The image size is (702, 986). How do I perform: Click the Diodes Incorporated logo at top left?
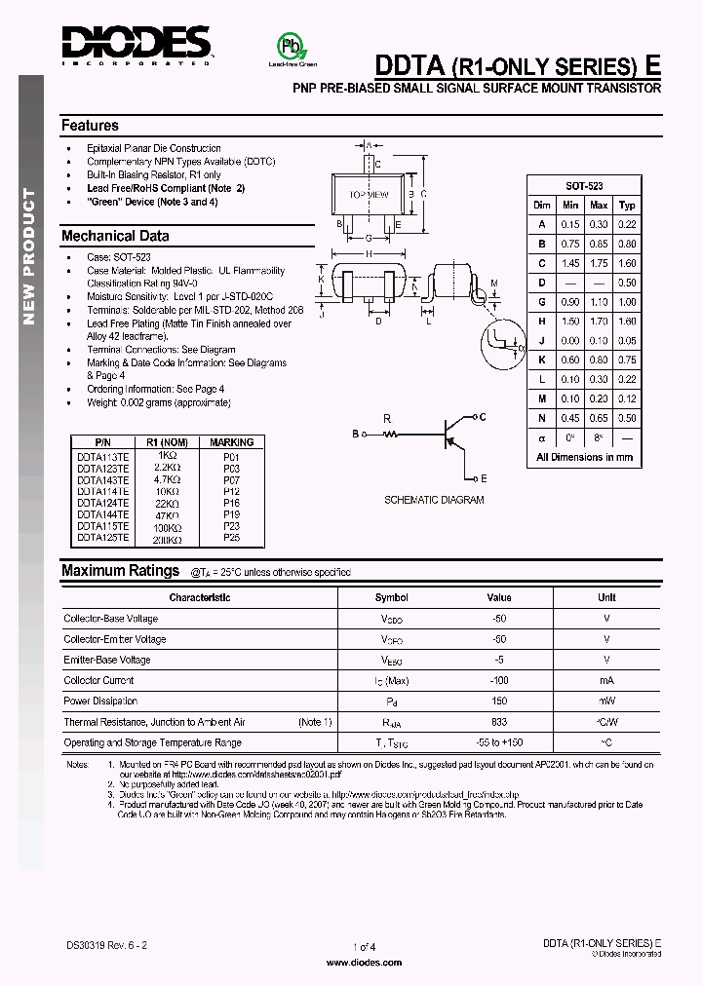point(136,44)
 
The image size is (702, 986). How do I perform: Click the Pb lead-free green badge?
point(289,47)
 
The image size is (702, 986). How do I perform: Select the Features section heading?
point(90,126)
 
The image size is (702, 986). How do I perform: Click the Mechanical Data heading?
point(115,236)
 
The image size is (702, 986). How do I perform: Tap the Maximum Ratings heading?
point(120,571)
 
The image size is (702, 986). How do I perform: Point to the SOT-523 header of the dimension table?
point(571,185)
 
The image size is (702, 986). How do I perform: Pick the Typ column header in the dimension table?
point(627,205)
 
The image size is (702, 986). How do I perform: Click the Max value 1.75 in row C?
point(599,263)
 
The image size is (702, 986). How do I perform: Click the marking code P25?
point(231,537)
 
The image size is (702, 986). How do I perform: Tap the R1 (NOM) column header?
point(167,442)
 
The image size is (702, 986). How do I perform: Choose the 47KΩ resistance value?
point(167,513)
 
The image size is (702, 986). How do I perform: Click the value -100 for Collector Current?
point(499,680)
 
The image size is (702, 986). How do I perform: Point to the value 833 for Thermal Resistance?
point(499,722)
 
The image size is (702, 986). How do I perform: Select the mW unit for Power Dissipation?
point(606,701)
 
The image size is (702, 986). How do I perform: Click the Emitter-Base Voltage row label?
point(107,660)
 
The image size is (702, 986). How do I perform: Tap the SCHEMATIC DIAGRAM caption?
point(434,500)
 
